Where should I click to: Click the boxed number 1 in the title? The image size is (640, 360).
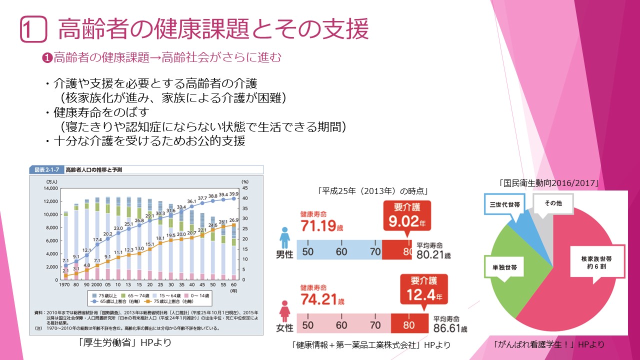click(33, 29)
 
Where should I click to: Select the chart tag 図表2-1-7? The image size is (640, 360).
click(46, 170)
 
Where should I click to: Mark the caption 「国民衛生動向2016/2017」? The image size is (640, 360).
click(548, 183)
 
